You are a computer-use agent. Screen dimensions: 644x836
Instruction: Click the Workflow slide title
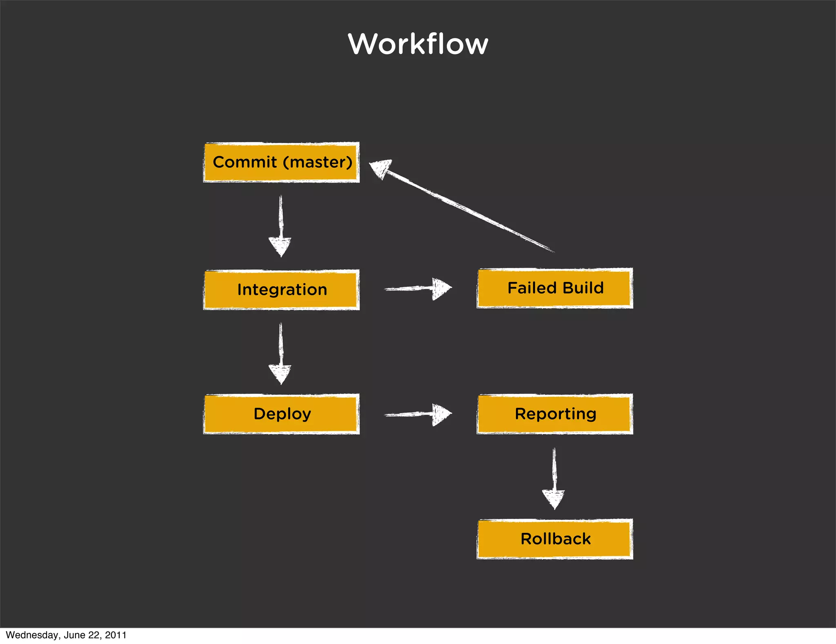pyautogui.click(x=418, y=44)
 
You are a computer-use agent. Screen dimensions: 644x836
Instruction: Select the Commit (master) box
pyautogui.click(x=281, y=162)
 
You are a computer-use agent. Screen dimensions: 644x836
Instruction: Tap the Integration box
pyautogui.click(x=281, y=289)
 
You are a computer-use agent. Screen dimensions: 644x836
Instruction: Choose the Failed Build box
pyautogui.click(x=555, y=288)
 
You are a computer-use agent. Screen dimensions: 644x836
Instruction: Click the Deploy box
pyautogui.click(x=281, y=414)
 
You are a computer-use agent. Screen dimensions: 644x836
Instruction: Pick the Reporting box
pyautogui.click(x=555, y=414)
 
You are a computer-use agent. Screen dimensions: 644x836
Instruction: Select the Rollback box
pyautogui.click(x=555, y=539)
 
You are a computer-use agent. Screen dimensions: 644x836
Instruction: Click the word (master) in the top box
pyautogui.click(x=318, y=162)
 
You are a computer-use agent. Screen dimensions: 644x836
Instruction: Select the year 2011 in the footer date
pyautogui.click(x=116, y=635)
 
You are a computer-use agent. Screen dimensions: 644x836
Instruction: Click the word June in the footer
pyautogui.click(x=74, y=635)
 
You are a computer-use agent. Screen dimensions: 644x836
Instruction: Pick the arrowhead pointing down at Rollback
pyautogui.click(x=554, y=499)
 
